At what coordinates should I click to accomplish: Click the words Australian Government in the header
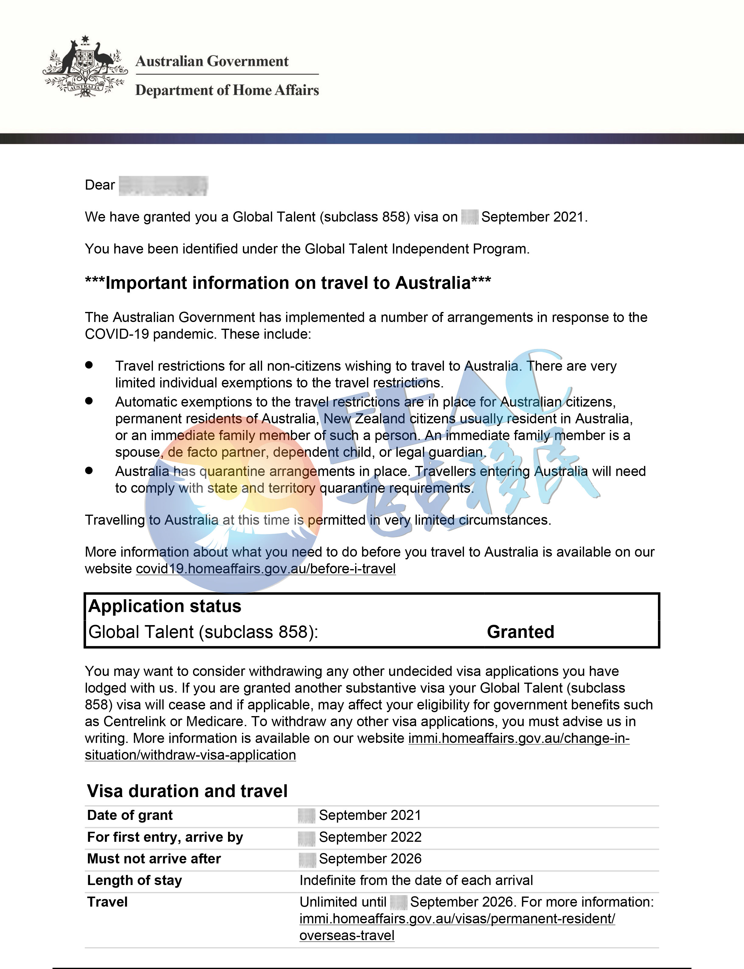[x=212, y=61]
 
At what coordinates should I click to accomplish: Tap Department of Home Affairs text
[x=227, y=90]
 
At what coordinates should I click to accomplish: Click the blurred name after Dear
[x=163, y=185]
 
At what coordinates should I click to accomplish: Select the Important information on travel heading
[x=288, y=283]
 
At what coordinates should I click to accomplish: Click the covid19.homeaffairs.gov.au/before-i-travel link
[x=266, y=569]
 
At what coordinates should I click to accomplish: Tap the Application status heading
[x=165, y=606]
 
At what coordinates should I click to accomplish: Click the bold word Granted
[x=520, y=632]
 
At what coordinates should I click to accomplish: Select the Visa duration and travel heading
[x=187, y=791]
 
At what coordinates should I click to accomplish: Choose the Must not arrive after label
[x=154, y=859]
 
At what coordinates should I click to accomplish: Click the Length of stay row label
[x=134, y=880]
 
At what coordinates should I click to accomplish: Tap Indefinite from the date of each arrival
[x=416, y=880]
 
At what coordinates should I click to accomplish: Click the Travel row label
[x=107, y=902]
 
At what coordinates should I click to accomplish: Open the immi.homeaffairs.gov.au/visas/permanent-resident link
[x=457, y=919]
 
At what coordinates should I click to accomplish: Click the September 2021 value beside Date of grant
[x=370, y=815]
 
